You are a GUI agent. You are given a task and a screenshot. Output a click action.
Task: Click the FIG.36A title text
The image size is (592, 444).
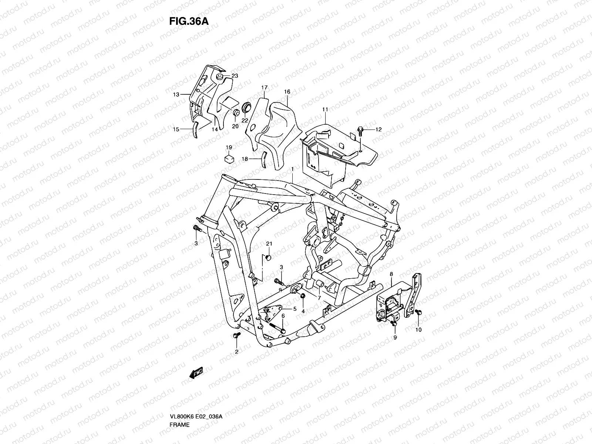[189, 21]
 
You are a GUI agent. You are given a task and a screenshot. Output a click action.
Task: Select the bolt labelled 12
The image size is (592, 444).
[360, 130]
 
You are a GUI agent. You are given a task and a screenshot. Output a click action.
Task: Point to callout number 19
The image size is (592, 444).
[229, 148]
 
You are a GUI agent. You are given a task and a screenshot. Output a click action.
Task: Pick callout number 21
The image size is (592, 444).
[269, 243]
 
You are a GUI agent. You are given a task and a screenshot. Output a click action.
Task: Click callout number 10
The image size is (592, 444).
[419, 329]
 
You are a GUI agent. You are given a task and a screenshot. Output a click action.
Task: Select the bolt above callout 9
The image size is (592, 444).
[394, 324]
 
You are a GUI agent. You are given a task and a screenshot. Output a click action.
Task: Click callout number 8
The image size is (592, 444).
[391, 274]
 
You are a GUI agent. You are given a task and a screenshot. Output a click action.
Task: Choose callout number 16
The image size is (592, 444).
[287, 92]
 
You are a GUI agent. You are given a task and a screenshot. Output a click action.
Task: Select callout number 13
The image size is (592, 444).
[177, 95]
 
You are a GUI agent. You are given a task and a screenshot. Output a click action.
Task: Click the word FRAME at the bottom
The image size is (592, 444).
[179, 404]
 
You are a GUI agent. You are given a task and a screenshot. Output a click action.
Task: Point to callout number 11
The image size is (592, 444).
[325, 110]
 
